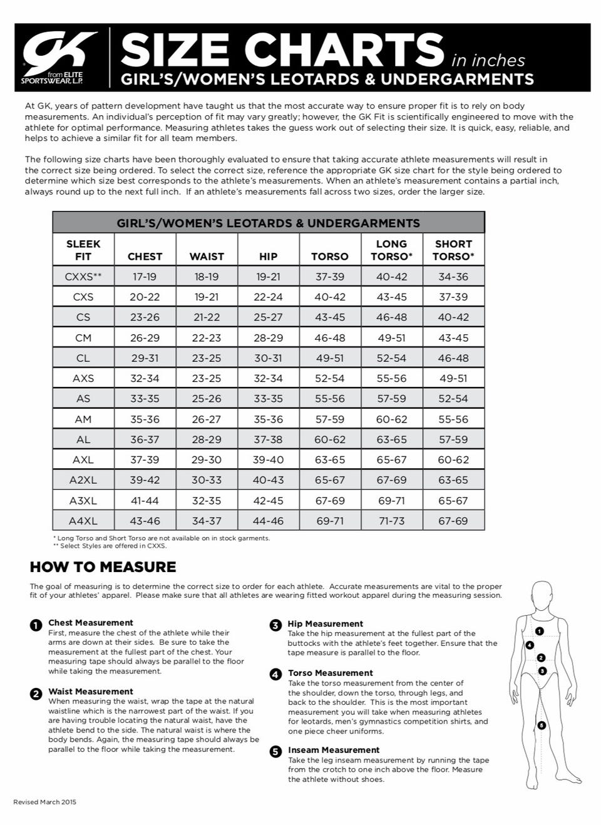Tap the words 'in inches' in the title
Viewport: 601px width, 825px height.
click(x=488, y=61)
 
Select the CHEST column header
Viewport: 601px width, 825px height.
click(x=145, y=256)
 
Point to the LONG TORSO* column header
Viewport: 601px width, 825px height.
click(x=391, y=250)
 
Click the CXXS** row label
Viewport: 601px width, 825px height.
click(x=83, y=277)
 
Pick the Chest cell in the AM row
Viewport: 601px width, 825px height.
click(x=145, y=419)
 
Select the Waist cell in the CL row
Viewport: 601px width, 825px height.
click(x=207, y=358)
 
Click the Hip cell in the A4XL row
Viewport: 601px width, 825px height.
click(x=268, y=520)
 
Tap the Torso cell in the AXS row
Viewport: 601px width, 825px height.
click(x=330, y=378)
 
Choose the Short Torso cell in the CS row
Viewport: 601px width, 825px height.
click(x=453, y=317)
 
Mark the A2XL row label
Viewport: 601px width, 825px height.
click(x=83, y=480)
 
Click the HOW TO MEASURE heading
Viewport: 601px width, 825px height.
click(x=103, y=567)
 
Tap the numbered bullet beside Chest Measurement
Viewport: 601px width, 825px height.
click(x=36, y=624)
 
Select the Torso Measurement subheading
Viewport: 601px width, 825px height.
click(x=330, y=673)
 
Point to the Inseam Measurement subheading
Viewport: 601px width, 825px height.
click(x=334, y=750)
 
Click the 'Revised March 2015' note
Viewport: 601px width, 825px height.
click(x=44, y=802)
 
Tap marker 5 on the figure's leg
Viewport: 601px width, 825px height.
click(x=542, y=725)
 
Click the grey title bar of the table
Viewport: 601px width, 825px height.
click(x=268, y=223)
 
